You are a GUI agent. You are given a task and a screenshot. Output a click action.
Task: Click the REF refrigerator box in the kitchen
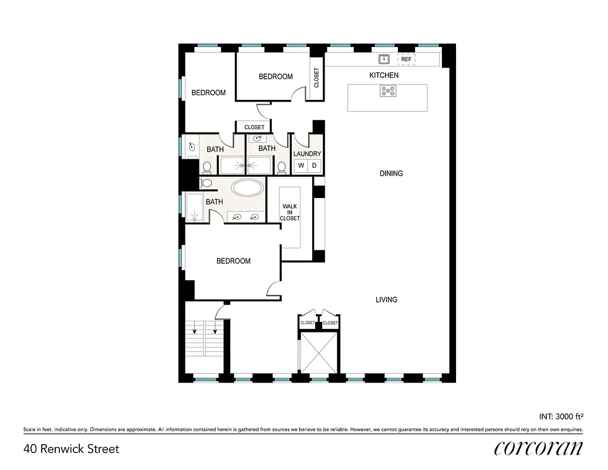407,59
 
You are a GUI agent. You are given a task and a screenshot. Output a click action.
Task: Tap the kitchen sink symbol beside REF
384,59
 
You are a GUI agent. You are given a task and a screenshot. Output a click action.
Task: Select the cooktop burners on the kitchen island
387,90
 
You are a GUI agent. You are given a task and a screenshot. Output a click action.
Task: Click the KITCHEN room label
384,75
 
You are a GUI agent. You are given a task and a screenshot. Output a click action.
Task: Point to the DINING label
391,173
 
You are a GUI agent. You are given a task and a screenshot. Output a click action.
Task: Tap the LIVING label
386,300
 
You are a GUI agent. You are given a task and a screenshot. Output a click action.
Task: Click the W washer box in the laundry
300,166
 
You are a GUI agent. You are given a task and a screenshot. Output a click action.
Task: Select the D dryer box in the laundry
315,166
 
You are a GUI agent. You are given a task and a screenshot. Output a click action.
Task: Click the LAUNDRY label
307,154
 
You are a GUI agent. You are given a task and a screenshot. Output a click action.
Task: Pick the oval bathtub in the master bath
248,189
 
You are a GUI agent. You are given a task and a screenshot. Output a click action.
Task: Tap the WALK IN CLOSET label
290,212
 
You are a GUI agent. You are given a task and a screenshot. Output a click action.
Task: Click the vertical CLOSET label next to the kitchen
316,78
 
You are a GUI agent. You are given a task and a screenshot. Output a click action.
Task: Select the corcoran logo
538,449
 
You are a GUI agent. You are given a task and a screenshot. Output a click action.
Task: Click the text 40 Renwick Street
72,449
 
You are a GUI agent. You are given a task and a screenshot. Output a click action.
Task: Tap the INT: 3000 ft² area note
560,417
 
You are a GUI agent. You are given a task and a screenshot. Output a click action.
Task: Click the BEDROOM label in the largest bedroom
233,261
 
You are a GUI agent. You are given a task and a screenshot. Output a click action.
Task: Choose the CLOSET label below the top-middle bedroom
254,127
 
